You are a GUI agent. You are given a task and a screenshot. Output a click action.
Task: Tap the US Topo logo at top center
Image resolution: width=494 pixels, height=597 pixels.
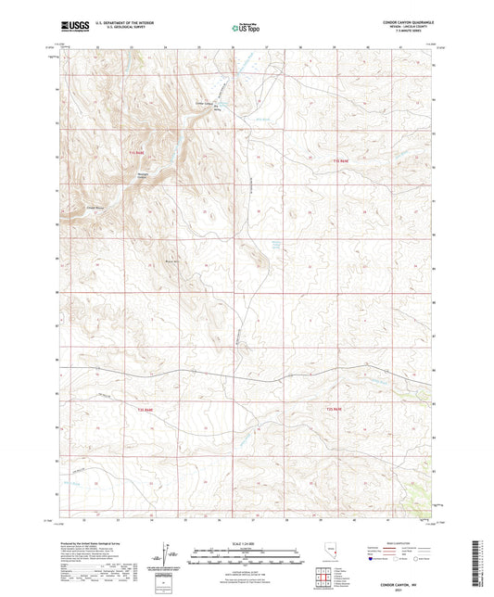[x=247, y=28]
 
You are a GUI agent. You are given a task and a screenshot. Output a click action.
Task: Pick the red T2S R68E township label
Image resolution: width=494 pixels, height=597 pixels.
[x=145, y=407]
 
